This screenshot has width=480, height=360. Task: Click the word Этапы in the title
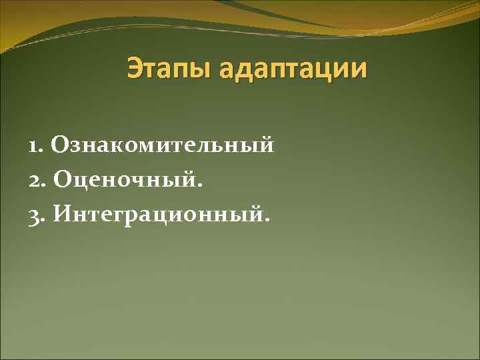[170, 69]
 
